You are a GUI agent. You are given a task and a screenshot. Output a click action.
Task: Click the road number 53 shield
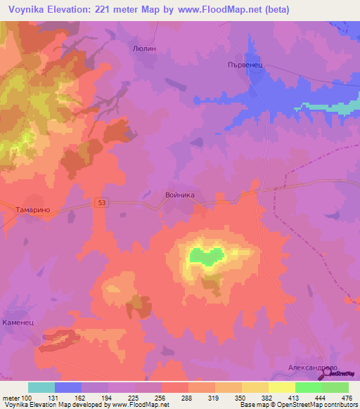pos(102,203)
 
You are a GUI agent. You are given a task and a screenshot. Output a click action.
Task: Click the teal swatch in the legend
pos(41,387)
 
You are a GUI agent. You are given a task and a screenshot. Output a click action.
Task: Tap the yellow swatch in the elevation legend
pos(281,387)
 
